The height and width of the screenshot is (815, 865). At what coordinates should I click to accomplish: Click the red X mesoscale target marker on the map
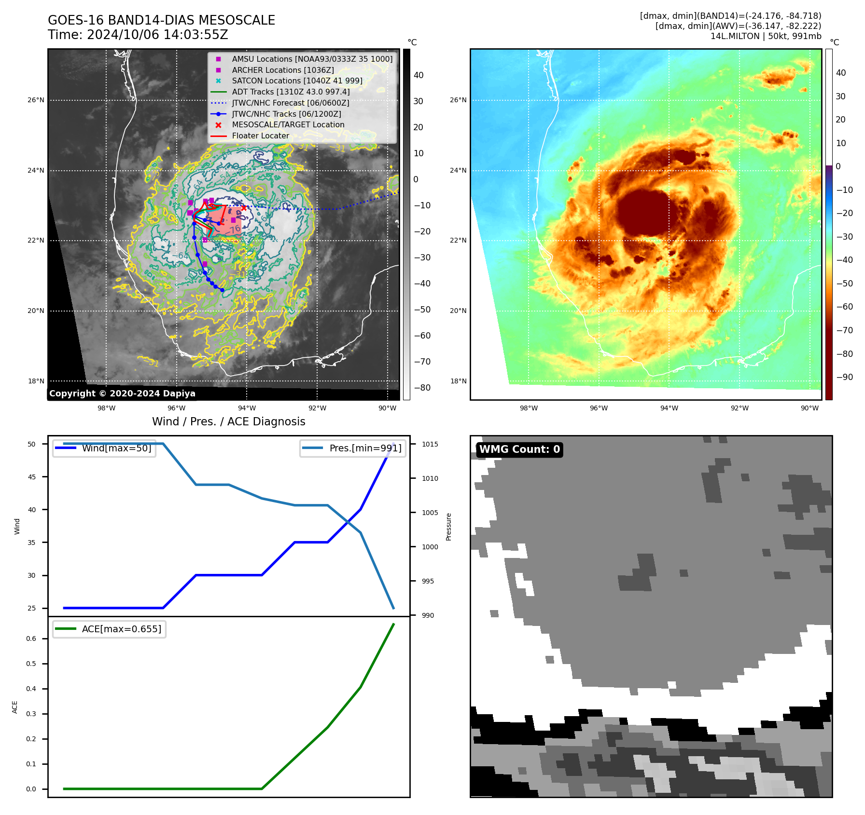click(244, 208)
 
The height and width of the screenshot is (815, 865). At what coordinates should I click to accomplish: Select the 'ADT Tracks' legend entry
click(291, 92)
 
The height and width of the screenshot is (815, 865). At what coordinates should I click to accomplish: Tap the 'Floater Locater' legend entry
click(260, 136)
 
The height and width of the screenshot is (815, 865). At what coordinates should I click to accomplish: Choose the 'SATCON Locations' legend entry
click(297, 81)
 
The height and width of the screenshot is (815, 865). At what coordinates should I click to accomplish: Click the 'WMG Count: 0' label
click(519, 449)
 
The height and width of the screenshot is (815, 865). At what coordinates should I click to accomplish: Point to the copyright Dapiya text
click(122, 394)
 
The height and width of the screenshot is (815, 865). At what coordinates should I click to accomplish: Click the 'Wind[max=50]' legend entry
click(116, 448)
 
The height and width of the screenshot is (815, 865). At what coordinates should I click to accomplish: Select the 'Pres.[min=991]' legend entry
click(365, 448)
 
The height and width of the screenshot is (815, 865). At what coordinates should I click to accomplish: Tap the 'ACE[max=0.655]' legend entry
click(121, 629)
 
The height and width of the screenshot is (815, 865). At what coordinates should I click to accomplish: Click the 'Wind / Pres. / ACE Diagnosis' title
click(229, 421)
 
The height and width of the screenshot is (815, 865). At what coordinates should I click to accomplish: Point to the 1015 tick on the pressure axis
click(430, 444)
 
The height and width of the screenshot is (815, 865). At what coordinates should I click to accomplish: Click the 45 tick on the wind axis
click(32, 477)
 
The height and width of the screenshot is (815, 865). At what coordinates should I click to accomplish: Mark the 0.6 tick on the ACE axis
click(31, 638)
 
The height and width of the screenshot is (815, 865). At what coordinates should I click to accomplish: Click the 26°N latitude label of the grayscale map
click(36, 100)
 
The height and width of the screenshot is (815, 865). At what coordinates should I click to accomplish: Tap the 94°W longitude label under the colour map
click(669, 408)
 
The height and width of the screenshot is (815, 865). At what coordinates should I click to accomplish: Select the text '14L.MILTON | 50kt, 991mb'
click(766, 36)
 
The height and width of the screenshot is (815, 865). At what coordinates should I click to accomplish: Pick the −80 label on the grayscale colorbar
click(419, 388)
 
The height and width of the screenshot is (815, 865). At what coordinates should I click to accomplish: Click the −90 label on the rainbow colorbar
click(844, 377)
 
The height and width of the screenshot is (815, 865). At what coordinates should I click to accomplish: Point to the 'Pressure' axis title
click(449, 527)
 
